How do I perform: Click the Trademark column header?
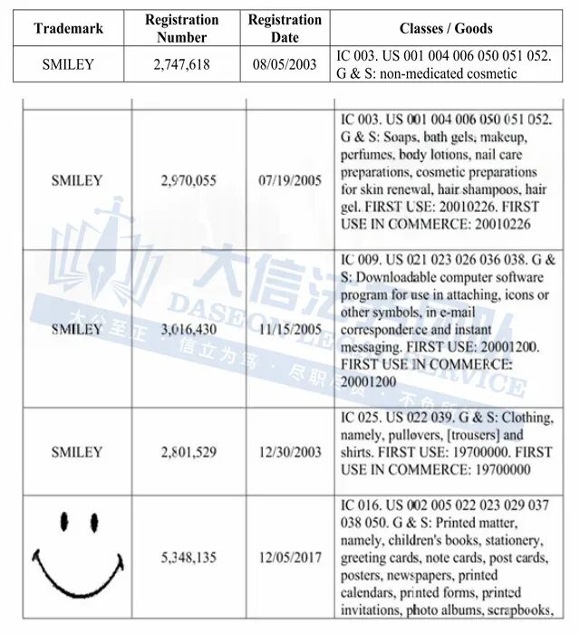pyautogui.click(x=68, y=28)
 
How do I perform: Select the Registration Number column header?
pyautogui.click(x=181, y=28)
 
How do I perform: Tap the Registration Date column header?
pyautogui.click(x=285, y=28)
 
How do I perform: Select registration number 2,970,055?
pyautogui.click(x=188, y=180)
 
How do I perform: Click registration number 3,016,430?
pyautogui.click(x=188, y=329)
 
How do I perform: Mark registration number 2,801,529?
pyautogui.click(x=188, y=451)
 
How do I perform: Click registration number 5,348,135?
pyautogui.click(x=188, y=557)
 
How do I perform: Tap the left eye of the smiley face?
pyautogui.click(x=65, y=522)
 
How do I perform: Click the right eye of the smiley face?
pyautogui.click(x=93, y=522)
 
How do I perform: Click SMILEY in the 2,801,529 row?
pyautogui.click(x=77, y=451)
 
